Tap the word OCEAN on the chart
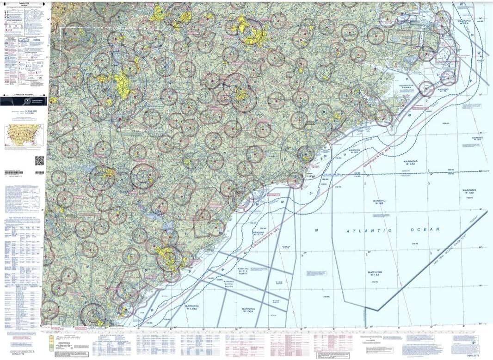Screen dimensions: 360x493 tap(423, 229)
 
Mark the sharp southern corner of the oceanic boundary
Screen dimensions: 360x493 tap(378, 310)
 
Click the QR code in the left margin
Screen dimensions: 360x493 tap(39, 161)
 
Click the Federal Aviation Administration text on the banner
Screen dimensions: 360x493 tap(39, 100)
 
